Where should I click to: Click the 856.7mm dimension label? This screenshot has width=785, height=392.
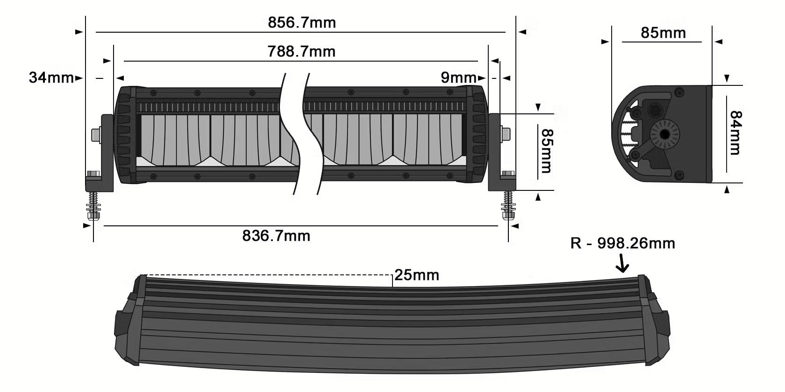301,22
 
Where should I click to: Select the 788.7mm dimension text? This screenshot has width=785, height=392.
301,51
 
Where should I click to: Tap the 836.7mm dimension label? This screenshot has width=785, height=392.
276,236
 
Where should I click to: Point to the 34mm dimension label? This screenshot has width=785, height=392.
51,77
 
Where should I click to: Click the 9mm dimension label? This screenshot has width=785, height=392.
458,77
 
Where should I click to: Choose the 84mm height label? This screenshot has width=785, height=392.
735,133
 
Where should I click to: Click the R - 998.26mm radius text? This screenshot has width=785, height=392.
622,243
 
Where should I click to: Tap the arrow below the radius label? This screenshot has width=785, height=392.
622,264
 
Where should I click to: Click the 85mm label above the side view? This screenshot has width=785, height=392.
663,33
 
